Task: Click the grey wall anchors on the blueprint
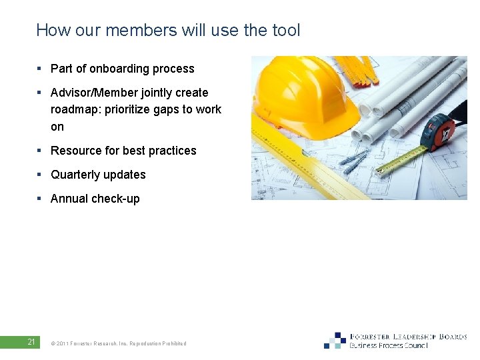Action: point(354,160)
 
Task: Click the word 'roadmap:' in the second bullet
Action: point(75,109)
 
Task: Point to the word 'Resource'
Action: point(75,151)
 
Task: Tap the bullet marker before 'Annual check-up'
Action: point(40,199)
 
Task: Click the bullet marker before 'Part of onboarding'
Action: point(40,69)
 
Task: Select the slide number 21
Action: point(31,343)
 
